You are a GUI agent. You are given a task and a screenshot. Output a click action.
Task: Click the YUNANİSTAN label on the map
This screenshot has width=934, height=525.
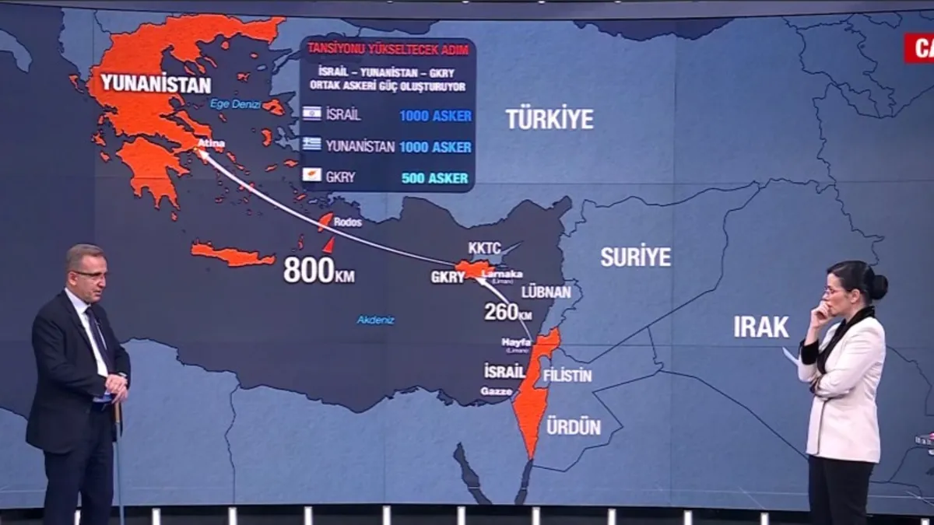click(x=156, y=84)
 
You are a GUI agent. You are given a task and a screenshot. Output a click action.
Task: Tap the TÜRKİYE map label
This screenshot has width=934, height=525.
click(x=549, y=119)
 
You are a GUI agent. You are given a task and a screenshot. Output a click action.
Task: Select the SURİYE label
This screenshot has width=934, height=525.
click(x=635, y=257)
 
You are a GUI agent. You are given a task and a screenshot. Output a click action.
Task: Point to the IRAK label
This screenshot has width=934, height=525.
click(x=760, y=327)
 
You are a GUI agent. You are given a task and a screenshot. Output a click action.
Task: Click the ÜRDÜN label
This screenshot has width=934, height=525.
click(x=573, y=426)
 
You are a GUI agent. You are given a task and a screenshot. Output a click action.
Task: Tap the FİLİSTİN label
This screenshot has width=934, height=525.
click(x=567, y=376)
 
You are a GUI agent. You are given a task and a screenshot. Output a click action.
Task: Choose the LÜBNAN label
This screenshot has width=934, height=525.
click(x=546, y=292)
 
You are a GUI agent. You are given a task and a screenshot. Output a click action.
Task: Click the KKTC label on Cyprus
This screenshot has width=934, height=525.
click(x=484, y=248)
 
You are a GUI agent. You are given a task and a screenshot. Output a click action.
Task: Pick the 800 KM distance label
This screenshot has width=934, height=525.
click(x=318, y=271)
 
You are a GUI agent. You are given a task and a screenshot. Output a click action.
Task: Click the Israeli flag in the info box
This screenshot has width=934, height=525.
click(x=312, y=114)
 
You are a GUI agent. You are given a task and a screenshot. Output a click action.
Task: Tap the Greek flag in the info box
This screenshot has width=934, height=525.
click(x=312, y=144)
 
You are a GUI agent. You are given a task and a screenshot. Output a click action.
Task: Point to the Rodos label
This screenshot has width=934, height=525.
click(x=347, y=222)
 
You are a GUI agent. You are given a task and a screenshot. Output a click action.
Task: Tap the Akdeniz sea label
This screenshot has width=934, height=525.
click(x=375, y=320)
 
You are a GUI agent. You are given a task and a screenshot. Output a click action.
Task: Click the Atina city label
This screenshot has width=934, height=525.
click(x=211, y=144)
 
